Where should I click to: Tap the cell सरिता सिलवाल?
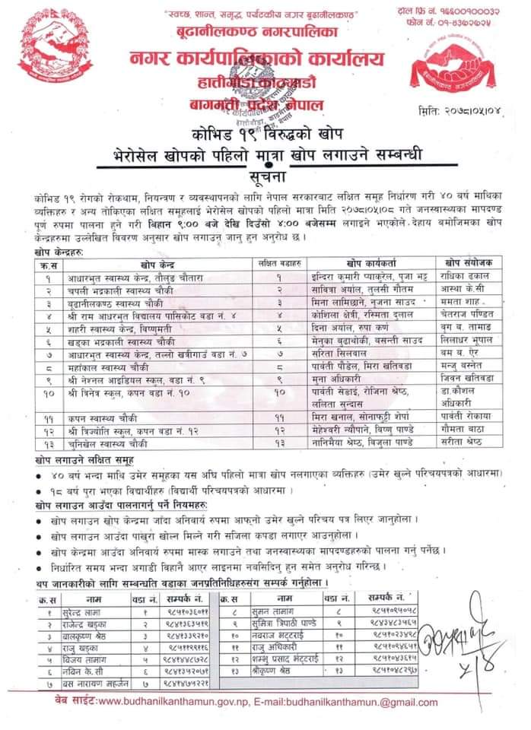332,353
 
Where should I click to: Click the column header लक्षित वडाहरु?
278,262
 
